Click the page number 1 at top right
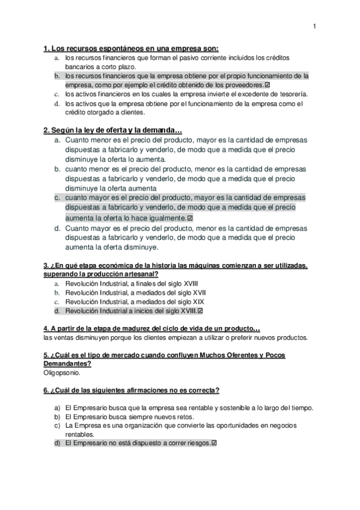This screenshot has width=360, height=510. tap(314, 26)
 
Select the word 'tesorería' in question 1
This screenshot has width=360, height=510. tap(291, 94)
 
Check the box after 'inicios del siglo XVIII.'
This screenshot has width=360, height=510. tap(201, 311)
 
